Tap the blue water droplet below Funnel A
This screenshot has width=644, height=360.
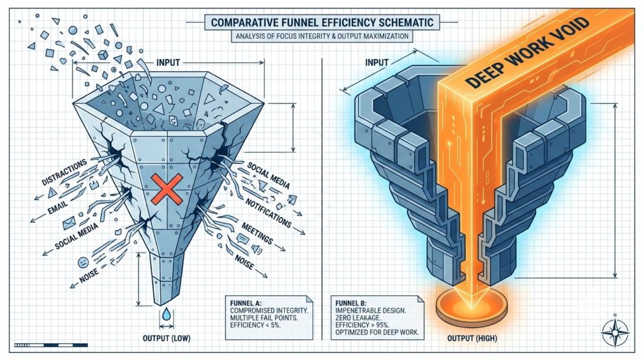coord(166,313)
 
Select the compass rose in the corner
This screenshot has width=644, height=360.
coord(615,330)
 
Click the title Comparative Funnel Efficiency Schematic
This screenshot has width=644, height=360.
coord(322,22)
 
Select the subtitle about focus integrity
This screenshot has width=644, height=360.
coord(322,36)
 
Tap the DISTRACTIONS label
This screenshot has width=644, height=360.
coord(65,172)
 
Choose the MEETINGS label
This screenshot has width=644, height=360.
coord(257,233)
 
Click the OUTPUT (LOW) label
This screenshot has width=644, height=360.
coord(166,338)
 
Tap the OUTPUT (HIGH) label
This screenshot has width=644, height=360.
coord(472,338)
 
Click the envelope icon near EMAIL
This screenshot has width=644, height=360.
coord(69,223)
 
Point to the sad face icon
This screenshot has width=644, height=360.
coord(83,262)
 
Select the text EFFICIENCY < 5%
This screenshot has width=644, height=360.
coord(255,325)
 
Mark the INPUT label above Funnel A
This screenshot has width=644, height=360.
coord(168,62)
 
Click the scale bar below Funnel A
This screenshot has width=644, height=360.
coord(51,345)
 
